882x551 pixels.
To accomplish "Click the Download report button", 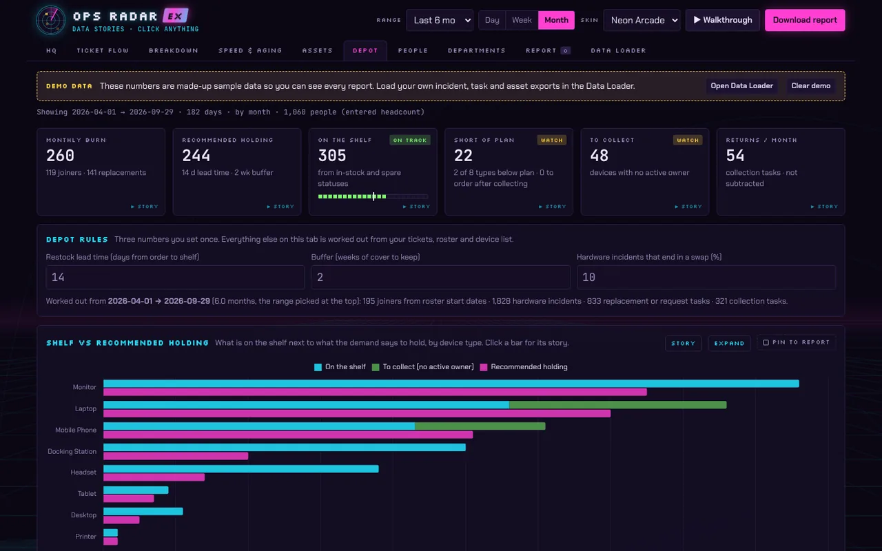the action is coord(804,20).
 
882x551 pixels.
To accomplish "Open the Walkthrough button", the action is coord(723,20).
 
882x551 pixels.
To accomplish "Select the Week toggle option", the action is coord(522,20).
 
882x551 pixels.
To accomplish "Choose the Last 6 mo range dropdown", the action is coord(440,20).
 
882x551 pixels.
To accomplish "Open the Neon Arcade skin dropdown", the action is coord(642,20).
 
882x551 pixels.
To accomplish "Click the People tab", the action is coord(413,50).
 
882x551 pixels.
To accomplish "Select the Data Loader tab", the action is coord(618,50).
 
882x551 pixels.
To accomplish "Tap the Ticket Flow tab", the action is coord(103,50).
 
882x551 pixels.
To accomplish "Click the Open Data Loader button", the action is coord(741,86).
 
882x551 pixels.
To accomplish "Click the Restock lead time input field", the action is coord(175,277).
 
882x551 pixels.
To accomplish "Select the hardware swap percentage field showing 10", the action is coord(706,277).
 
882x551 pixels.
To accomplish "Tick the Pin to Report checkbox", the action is coord(766,342).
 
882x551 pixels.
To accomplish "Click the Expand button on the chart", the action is coord(729,343).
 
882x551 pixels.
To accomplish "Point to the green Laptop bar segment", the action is coord(618,404).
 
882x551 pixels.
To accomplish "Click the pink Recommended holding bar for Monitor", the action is coord(375,392).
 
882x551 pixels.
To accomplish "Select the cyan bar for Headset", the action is coord(241,469).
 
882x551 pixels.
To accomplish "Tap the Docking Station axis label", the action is coord(72,451).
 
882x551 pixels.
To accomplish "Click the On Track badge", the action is coord(409,140).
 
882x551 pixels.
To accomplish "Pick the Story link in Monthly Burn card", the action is coord(145,206).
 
